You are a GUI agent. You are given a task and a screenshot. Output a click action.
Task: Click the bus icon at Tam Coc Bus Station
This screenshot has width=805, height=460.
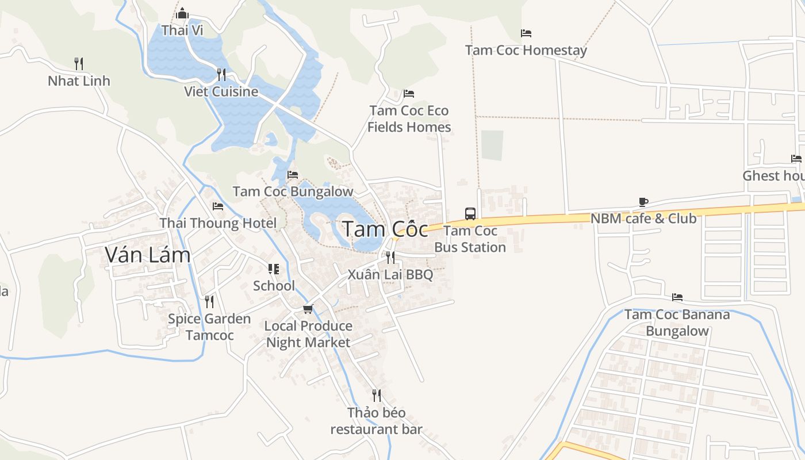(x=470, y=214)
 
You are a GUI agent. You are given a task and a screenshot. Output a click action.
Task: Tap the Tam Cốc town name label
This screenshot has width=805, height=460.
(x=385, y=229)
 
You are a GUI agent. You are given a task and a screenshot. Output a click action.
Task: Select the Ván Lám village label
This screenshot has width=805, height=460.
(x=148, y=254)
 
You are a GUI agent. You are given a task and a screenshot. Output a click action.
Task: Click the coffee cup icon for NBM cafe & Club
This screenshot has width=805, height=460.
(x=643, y=202)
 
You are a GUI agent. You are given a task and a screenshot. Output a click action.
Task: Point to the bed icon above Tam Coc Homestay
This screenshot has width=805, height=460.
(x=526, y=33)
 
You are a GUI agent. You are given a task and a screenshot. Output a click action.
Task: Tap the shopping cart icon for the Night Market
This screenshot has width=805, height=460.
(x=308, y=309)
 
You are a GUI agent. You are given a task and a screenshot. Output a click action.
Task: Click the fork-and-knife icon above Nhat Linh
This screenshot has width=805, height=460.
(x=79, y=63)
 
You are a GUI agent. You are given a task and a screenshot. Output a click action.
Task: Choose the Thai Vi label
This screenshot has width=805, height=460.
(x=182, y=30)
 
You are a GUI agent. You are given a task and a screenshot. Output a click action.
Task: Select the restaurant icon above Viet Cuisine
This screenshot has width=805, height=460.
(x=221, y=74)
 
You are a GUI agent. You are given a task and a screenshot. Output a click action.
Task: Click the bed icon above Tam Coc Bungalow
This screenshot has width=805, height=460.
(x=293, y=174)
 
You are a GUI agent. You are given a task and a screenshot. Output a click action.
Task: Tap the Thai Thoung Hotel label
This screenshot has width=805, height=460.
(x=218, y=223)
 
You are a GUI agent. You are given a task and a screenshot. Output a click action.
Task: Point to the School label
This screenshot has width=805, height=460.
(x=274, y=286)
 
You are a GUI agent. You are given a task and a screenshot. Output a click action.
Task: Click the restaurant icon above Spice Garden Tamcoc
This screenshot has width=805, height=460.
(x=209, y=301)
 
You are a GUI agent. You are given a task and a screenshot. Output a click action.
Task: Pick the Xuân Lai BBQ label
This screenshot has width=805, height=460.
(x=390, y=275)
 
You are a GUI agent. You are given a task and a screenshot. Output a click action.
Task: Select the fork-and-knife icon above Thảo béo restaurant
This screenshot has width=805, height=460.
(x=376, y=396)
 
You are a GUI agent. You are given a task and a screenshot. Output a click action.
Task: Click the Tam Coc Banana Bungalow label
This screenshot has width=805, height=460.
(x=677, y=323)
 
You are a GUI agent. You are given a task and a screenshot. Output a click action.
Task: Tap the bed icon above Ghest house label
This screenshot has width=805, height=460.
(x=796, y=159)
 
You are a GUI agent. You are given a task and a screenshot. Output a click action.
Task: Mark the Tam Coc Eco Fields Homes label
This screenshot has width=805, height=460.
(x=409, y=118)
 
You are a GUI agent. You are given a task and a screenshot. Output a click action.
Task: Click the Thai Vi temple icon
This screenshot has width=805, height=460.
(x=182, y=13)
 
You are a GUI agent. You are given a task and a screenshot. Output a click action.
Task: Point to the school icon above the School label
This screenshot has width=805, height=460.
(x=274, y=269)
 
